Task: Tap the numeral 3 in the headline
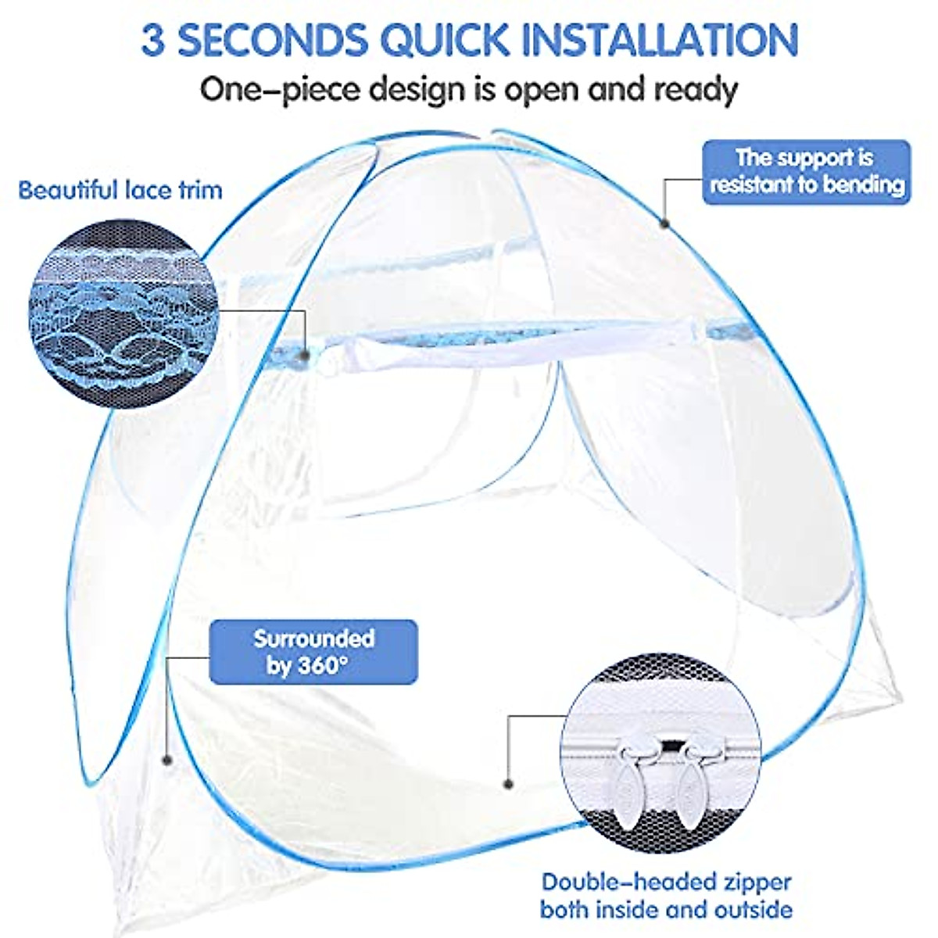[154, 39]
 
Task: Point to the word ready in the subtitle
[695, 90]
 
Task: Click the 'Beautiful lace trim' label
[120, 190]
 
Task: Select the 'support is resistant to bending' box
[806, 172]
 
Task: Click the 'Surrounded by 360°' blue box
[313, 652]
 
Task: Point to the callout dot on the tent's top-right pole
[664, 224]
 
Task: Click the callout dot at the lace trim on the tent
[304, 356]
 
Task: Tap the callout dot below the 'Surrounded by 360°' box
[166, 759]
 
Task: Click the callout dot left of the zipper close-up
[508, 782]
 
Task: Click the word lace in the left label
[151, 190]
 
